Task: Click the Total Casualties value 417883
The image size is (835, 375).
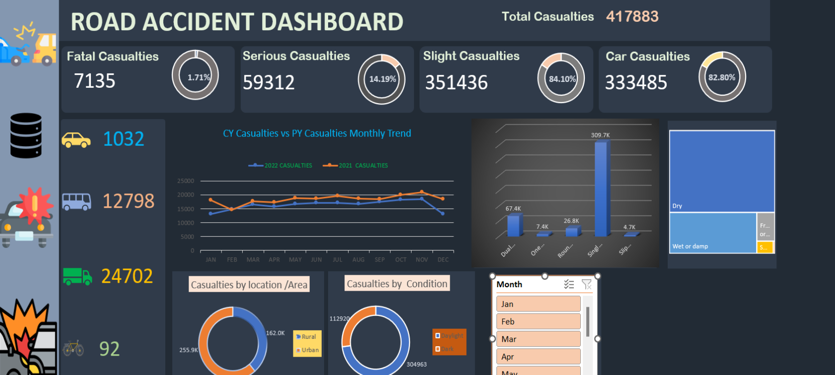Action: (632, 16)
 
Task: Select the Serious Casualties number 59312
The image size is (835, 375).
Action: (269, 82)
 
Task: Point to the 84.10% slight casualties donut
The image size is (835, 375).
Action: (561, 78)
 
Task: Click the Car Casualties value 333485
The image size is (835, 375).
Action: (636, 82)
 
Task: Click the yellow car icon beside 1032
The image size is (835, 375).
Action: (76, 140)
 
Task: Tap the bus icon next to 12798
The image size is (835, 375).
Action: (76, 201)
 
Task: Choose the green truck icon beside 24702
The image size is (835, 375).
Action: (77, 276)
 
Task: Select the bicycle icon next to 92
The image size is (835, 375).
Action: (73, 348)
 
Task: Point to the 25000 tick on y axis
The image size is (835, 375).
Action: (186, 181)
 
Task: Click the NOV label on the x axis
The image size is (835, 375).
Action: (421, 260)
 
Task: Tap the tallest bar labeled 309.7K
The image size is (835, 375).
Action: (601, 188)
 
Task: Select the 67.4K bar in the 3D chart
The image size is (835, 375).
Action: (514, 226)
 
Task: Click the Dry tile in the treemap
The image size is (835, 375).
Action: (721, 171)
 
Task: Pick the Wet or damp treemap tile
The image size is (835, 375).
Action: (712, 233)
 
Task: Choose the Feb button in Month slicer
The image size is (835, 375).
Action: (538, 321)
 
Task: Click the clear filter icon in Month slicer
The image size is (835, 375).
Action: (586, 284)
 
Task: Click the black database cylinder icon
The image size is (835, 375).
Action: (26, 135)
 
